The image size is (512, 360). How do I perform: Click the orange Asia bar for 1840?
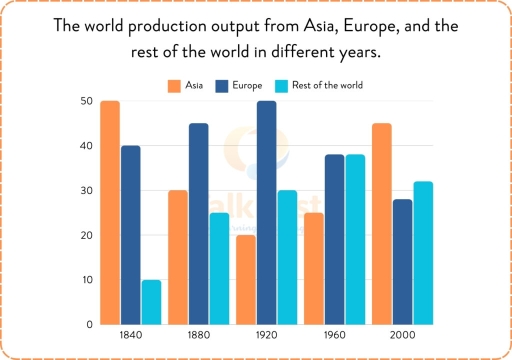[x=110, y=212]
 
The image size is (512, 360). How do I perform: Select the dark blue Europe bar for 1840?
[x=130, y=235]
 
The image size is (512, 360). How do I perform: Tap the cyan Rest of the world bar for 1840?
[x=151, y=302]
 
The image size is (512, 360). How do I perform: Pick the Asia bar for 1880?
[x=178, y=257]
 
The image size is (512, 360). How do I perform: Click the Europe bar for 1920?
[x=267, y=212]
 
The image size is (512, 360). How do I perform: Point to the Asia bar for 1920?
[x=246, y=279]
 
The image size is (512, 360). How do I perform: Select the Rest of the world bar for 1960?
[x=355, y=239]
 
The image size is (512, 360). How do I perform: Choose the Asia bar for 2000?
[x=381, y=224]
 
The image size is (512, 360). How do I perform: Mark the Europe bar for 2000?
[x=402, y=262]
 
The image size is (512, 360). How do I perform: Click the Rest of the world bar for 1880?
[x=219, y=268]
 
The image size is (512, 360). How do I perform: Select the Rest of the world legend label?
[x=328, y=86]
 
